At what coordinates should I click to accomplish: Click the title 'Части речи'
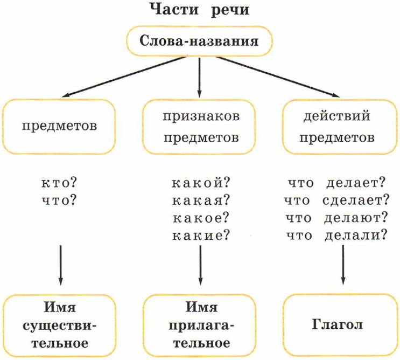click(x=200, y=11)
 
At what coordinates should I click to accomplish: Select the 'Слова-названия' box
click(x=200, y=41)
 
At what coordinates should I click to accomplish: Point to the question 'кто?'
click(x=59, y=183)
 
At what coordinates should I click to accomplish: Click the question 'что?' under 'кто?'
click(x=59, y=200)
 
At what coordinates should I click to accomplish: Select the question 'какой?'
click(x=200, y=183)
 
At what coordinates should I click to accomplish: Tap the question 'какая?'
click(x=200, y=200)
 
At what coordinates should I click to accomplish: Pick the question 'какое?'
click(x=200, y=218)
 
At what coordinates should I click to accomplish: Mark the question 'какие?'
click(x=200, y=235)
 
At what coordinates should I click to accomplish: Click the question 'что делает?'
click(x=338, y=183)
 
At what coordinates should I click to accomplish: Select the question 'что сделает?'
click(x=338, y=200)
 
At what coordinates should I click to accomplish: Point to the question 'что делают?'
click(x=338, y=218)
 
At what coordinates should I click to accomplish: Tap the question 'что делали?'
click(x=338, y=235)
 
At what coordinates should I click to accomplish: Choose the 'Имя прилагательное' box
click(x=200, y=326)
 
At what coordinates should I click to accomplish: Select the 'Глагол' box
click(x=338, y=326)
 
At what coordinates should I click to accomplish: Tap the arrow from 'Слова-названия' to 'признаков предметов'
click(x=200, y=75)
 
